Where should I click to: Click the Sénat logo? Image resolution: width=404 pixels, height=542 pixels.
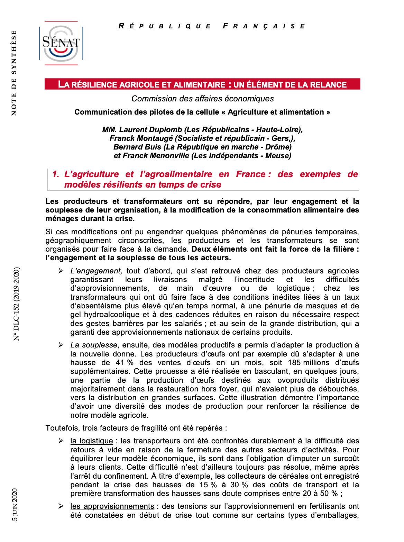(x=61, y=43)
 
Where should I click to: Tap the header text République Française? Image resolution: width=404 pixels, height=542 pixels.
(x=212, y=26)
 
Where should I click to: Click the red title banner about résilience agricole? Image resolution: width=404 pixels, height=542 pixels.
(x=202, y=84)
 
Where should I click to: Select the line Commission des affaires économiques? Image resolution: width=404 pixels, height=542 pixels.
(x=202, y=99)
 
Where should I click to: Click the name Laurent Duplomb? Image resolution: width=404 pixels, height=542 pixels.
(x=150, y=130)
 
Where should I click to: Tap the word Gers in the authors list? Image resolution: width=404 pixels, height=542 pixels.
(x=280, y=138)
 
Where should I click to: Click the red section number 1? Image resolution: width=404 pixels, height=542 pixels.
(x=56, y=174)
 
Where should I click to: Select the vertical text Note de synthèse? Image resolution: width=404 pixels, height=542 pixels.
(x=14, y=73)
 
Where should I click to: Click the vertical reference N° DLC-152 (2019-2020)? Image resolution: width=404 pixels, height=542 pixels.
(x=16, y=304)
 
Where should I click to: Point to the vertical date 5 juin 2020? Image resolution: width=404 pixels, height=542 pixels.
(x=15, y=504)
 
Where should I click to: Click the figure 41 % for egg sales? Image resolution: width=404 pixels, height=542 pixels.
(x=125, y=363)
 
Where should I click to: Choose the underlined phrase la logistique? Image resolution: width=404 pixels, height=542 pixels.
(x=92, y=441)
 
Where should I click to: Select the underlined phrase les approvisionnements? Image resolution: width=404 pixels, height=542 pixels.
(x=112, y=506)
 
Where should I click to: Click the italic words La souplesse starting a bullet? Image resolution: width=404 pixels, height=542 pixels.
(x=94, y=345)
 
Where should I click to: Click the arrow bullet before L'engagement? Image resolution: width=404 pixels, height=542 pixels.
(x=61, y=271)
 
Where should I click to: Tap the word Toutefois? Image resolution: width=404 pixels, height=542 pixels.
(x=62, y=428)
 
